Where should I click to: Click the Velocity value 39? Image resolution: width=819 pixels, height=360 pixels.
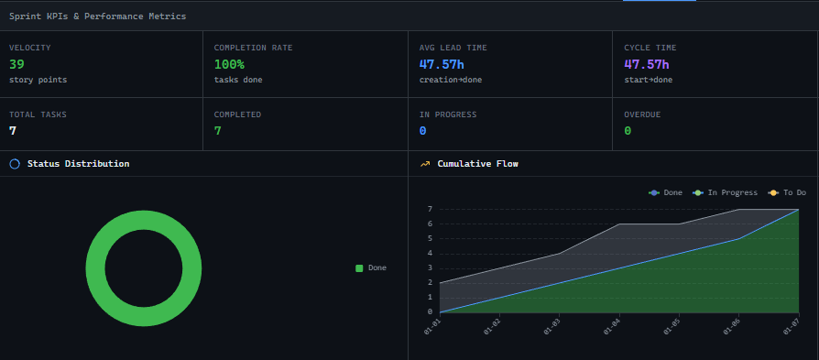pyautogui.click(x=16, y=64)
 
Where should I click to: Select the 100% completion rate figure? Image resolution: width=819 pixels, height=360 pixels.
pyautogui.click(x=230, y=64)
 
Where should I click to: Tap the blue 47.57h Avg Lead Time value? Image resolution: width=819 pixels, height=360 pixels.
pyautogui.click(x=442, y=64)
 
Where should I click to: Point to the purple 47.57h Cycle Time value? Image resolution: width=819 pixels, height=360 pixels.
pyautogui.click(x=647, y=64)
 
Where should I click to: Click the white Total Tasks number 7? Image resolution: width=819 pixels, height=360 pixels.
pyautogui.click(x=13, y=131)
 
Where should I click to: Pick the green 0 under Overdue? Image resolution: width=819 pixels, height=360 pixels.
pyautogui.click(x=628, y=131)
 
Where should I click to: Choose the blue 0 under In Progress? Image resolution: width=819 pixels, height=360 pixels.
pyautogui.click(x=422, y=131)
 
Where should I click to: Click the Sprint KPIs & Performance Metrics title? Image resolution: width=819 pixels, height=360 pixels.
pyautogui.click(x=97, y=16)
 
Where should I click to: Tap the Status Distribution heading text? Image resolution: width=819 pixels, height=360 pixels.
pyautogui.click(x=78, y=164)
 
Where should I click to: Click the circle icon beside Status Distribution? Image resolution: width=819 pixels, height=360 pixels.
pyautogui.click(x=15, y=164)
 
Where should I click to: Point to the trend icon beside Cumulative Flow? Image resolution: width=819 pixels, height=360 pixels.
pyautogui.click(x=425, y=164)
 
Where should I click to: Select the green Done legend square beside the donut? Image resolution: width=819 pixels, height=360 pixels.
pyautogui.click(x=359, y=267)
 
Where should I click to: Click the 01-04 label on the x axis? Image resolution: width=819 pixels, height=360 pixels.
pyautogui.click(x=613, y=327)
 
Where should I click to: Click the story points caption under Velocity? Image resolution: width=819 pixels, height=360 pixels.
pyautogui.click(x=38, y=80)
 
